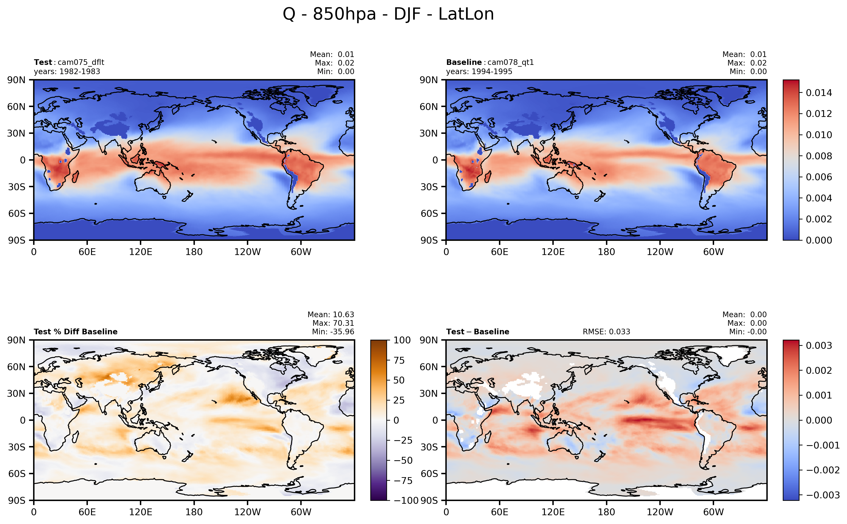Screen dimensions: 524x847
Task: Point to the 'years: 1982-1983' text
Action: (67, 71)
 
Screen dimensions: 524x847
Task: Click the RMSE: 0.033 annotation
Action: (606, 332)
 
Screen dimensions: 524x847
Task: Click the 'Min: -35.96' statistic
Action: (333, 332)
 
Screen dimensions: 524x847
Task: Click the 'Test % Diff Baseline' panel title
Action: (75, 332)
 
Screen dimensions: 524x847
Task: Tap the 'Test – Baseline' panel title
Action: (478, 332)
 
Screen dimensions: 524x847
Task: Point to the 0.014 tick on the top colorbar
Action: (819, 93)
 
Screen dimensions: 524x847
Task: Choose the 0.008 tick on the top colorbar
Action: (819, 156)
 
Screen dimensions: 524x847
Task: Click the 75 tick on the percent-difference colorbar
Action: (399, 360)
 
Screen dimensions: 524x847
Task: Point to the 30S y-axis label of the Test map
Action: (17, 187)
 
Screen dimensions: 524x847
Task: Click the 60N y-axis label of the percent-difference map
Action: (17, 367)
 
